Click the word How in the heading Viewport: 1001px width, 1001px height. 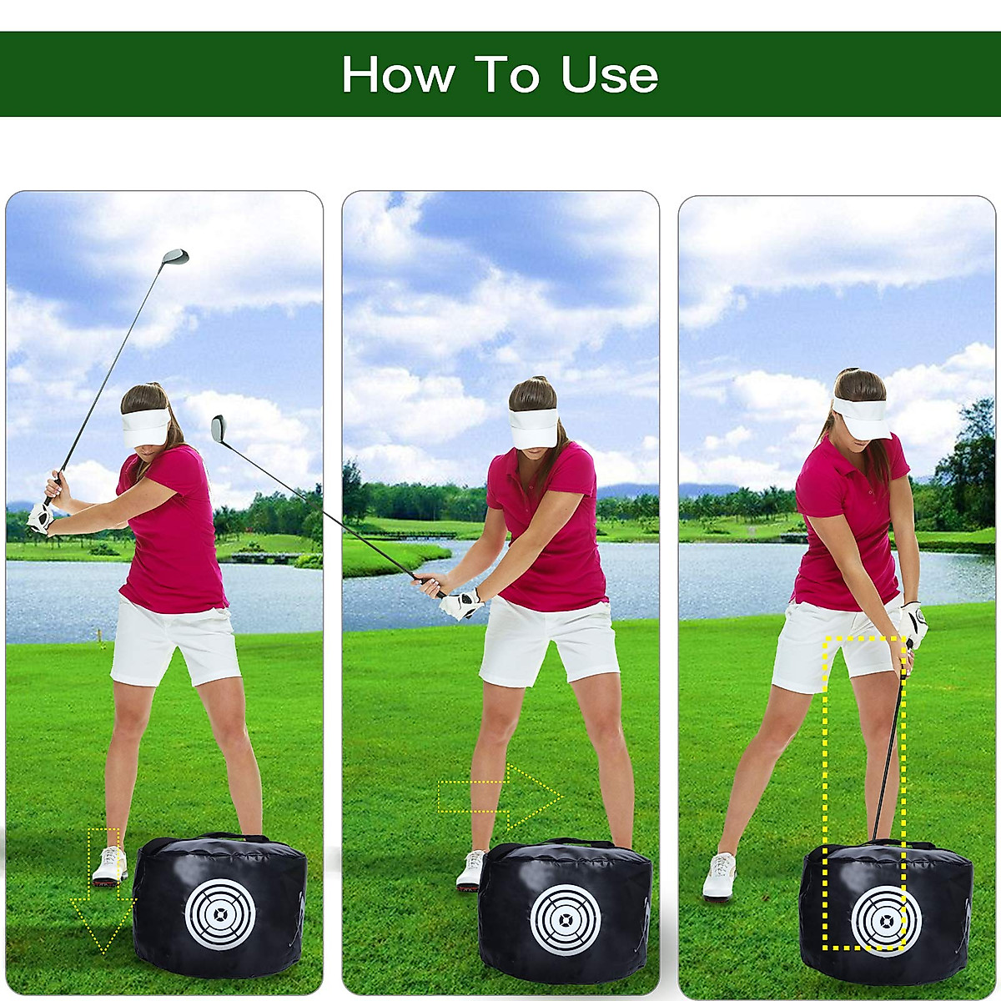pyautogui.click(x=398, y=75)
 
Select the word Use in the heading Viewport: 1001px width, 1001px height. pyautogui.click(x=609, y=75)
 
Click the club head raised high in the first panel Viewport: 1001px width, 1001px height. pyautogui.click(x=176, y=257)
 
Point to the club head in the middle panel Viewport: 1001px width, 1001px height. pyautogui.click(x=219, y=428)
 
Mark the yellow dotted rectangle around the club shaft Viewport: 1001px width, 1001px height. pyautogui.click(x=864, y=792)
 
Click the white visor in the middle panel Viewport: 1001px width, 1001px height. pyautogui.click(x=533, y=428)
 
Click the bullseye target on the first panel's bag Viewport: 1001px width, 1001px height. pyautogui.click(x=219, y=914)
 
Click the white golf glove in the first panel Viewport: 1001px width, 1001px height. pyautogui.click(x=39, y=517)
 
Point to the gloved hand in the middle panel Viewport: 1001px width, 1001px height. pyautogui.click(x=461, y=603)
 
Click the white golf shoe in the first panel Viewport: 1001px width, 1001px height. pyautogui.click(x=109, y=866)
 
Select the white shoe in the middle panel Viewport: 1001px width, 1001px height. pyautogui.click(x=470, y=870)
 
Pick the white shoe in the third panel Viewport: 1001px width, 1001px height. pyautogui.click(x=719, y=876)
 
